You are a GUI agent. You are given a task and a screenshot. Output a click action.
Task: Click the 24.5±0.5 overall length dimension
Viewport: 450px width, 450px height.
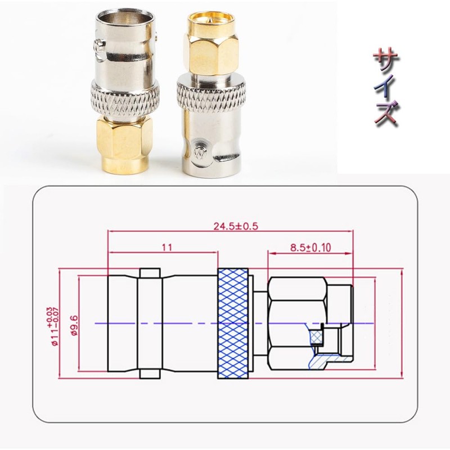click(236, 227)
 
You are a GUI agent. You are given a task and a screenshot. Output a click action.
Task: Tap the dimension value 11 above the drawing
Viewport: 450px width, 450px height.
click(167, 247)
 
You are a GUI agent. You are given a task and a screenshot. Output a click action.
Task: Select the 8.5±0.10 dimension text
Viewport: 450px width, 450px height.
click(310, 247)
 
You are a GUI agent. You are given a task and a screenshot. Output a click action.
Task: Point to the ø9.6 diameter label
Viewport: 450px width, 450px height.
click(74, 325)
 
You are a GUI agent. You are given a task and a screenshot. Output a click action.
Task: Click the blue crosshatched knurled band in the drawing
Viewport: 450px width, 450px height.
click(233, 323)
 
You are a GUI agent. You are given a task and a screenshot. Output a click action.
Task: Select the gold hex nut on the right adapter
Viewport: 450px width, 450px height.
click(210, 54)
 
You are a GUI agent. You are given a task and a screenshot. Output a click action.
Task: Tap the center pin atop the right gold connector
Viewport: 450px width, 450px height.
click(211, 20)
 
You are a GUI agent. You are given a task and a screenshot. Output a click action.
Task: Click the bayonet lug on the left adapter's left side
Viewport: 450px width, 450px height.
click(98, 46)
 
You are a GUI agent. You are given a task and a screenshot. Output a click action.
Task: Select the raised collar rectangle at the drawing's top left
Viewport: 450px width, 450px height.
click(150, 272)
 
